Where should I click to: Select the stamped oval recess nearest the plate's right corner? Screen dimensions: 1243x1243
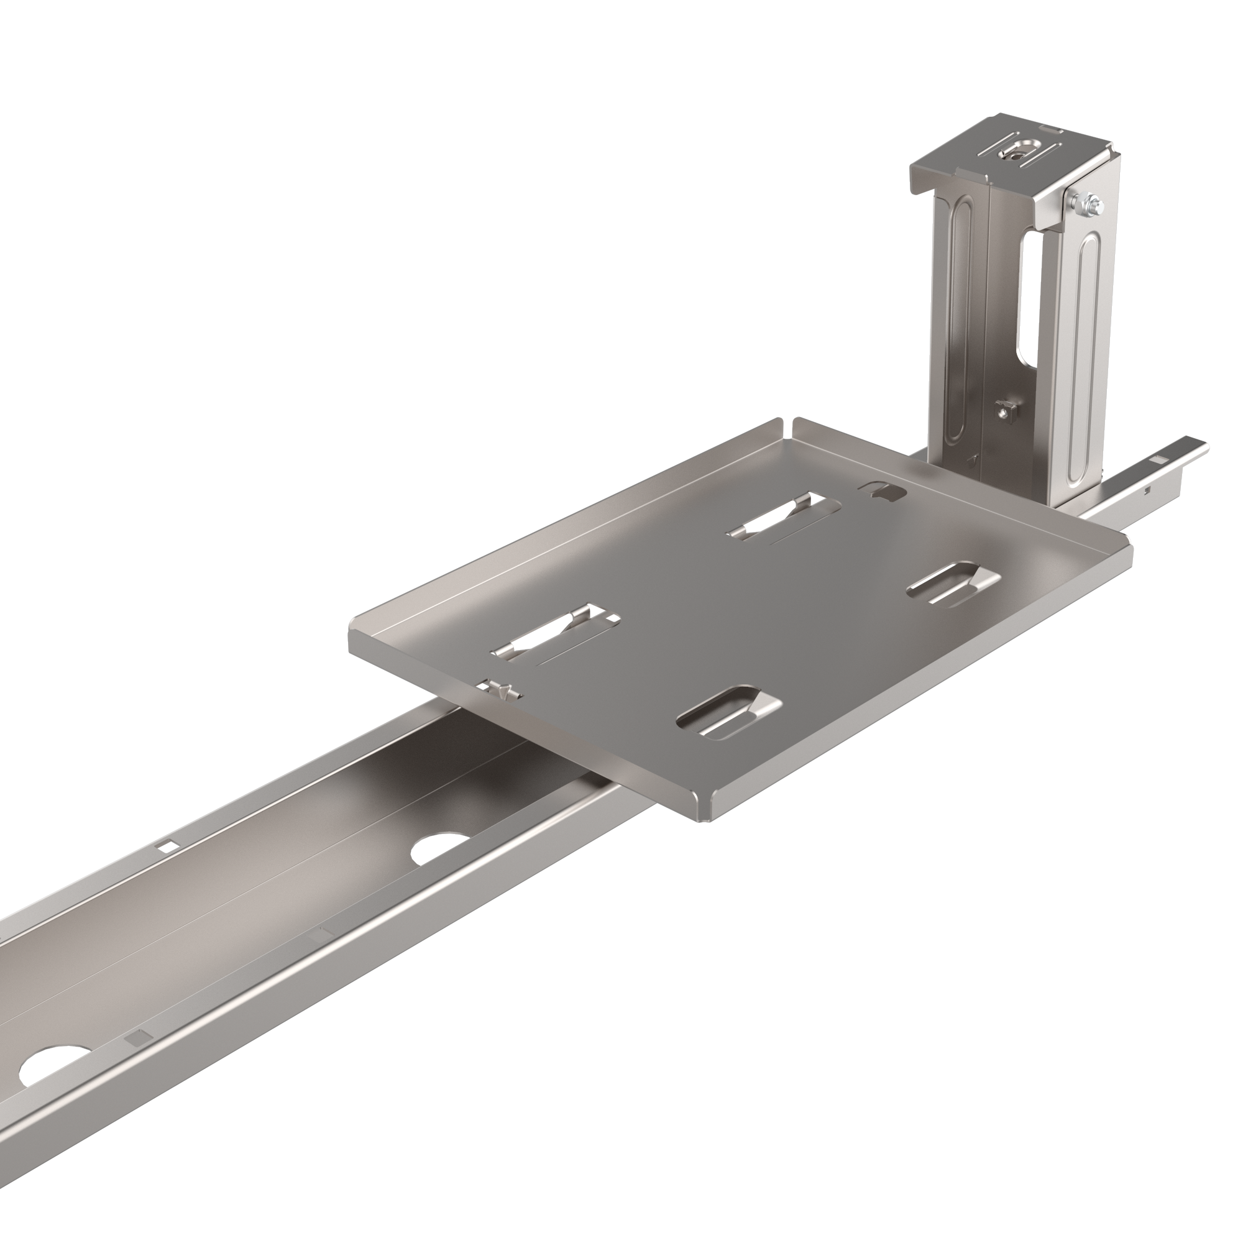(x=953, y=584)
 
